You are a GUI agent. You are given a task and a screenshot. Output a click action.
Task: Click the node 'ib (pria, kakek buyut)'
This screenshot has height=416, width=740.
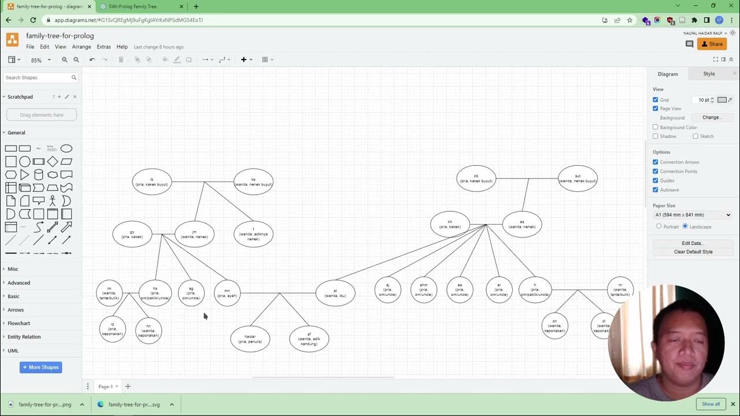click(152, 182)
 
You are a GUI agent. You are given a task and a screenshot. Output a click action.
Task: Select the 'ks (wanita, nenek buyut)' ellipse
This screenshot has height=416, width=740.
click(253, 182)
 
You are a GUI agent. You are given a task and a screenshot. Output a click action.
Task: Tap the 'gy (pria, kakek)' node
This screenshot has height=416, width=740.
click(132, 234)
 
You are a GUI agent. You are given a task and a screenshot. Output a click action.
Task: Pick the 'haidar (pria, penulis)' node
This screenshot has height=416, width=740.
click(250, 339)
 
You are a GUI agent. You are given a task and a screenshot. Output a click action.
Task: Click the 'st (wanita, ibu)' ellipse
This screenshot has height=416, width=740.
click(335, 294)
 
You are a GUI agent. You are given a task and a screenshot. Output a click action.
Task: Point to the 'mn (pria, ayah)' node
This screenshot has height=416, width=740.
click(227, 294)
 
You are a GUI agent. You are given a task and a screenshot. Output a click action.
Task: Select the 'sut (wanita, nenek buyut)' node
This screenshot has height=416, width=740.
click(578, 179)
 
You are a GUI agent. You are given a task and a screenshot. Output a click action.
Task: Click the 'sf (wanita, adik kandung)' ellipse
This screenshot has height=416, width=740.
click(309, 339)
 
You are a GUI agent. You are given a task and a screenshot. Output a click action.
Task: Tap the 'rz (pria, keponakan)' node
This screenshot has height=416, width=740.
click(112, 329)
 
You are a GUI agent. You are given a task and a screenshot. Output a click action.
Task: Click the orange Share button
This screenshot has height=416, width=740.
click(712, 44)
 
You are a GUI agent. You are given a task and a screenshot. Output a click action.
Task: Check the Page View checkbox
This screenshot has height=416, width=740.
click(656, 109)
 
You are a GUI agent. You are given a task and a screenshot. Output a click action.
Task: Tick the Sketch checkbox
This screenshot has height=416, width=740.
click(695, 136)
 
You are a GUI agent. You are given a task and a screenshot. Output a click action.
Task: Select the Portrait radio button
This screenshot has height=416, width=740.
click(658, 226)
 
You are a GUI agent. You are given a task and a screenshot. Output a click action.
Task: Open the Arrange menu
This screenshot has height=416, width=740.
click(82, 47)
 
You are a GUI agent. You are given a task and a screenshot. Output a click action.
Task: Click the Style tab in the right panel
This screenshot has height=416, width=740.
click(709, 74)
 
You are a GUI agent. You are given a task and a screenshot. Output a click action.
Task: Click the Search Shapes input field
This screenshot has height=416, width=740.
click(38, 77)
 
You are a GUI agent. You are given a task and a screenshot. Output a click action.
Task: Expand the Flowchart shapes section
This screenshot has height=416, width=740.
click(18, 324)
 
